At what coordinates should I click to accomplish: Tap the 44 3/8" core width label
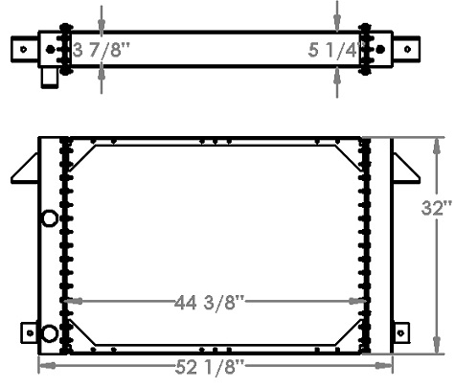pyautogui.click(x=214, y=304)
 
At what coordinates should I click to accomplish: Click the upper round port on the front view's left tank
pyautogui.click(x=50, y=220)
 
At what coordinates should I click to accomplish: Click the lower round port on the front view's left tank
pyautogui.click(x=50, y=332)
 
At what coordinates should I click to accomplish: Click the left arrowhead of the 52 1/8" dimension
pyautogui.click(x=43, y=366)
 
